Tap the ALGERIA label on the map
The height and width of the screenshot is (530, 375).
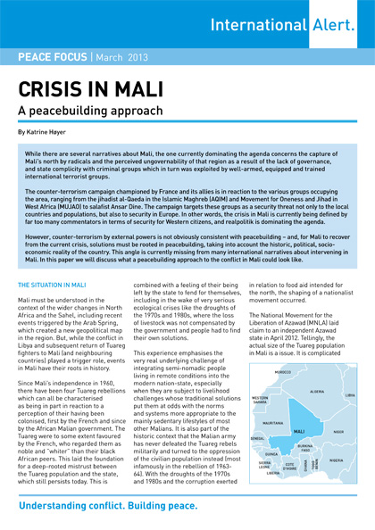point(317,391)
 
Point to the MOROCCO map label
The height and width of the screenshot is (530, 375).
point(283,371)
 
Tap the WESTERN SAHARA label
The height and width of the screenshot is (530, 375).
point(261,400)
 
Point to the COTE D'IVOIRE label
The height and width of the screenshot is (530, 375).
point(291,466)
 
